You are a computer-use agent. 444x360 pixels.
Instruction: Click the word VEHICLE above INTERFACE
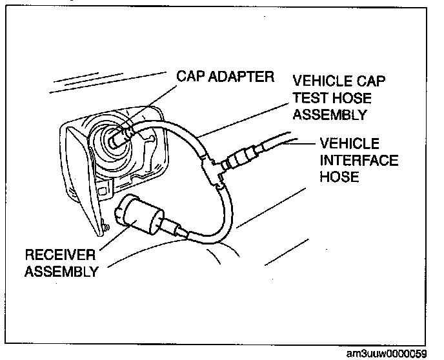pos(348,143)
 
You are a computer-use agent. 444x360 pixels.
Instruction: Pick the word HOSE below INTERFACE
pos(336,175)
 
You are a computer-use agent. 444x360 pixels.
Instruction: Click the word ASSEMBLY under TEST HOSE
pos(330,115)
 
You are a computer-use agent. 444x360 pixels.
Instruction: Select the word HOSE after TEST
pos(352,98)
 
